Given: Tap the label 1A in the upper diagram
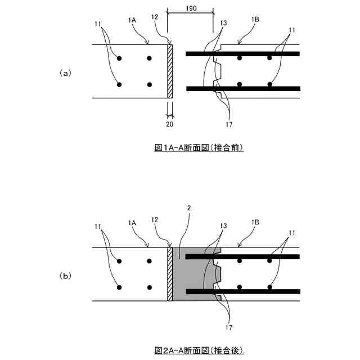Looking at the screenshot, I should [x=133, y=20].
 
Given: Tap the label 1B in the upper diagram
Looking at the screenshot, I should [x=255, y=20].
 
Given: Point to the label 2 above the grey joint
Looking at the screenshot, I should [x=189, y=208].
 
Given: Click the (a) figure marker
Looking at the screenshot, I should [x=65, y=73].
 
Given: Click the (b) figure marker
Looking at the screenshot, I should [x=65, y=276].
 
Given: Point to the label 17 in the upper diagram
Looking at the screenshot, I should [x=229, y=125].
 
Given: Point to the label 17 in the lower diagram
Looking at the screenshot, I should [x=229, y=327].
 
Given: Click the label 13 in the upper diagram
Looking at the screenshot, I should [x=224, y=23].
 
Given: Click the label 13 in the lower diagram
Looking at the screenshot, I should [x=224, y=226].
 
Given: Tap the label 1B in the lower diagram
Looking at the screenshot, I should [x=255, y=223].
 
